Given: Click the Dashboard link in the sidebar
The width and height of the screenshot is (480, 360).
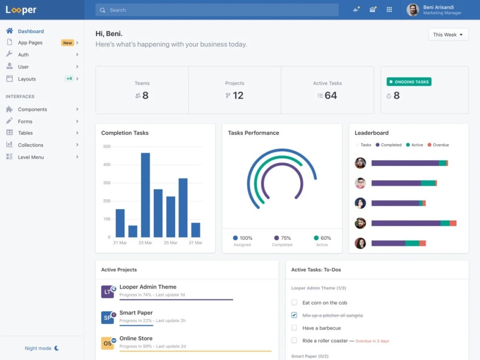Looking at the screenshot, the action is [31, 31].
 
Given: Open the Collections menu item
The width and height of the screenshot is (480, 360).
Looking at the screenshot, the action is [31, 145].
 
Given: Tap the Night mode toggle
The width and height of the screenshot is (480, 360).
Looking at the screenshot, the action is [42, 348].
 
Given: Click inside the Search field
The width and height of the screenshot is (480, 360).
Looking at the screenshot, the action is [217, 10].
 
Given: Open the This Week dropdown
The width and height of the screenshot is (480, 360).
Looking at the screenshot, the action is [448, 35].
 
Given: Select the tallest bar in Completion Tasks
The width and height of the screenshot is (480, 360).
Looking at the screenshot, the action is [145, 195].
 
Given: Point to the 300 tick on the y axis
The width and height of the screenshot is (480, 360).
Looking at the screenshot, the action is [107, 183].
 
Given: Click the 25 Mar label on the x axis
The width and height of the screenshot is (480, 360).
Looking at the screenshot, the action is [170, 243].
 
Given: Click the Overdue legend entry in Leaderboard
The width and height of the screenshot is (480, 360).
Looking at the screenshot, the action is [438, 145].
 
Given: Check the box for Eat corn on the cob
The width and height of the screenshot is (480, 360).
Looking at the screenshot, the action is [294, 302].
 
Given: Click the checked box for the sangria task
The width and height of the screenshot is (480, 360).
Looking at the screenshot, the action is [294, 315].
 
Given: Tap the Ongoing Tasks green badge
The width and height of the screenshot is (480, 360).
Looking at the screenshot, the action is [409, 82].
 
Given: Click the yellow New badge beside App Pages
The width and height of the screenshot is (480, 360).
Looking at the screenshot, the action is [67, 43].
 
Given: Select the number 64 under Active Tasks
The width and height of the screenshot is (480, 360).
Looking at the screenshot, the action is [331, 96].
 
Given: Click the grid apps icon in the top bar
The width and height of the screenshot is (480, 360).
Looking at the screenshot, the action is [389, 10].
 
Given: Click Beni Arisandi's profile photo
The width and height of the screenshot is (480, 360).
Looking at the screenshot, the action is [412, 10].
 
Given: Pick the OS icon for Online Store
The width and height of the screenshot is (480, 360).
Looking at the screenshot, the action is [108, 343].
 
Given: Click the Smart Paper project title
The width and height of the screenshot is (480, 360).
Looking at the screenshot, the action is [136, 312].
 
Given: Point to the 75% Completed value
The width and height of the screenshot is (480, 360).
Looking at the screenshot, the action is [286, 238].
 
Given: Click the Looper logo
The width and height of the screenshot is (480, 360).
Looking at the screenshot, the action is [21, 10].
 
